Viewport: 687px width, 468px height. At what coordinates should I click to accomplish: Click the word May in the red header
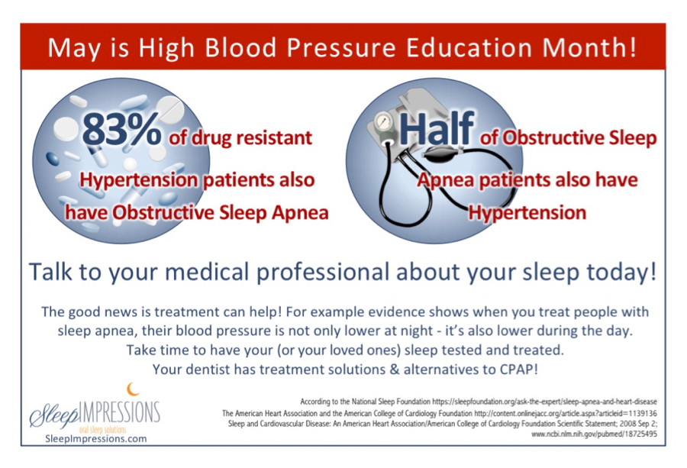(x=73, y=48)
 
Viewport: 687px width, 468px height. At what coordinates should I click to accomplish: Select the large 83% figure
(x=121, y=129)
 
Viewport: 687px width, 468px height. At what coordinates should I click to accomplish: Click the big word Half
(x=437, y=127)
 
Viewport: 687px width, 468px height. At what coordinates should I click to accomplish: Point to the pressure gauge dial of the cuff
(x=384, y=121)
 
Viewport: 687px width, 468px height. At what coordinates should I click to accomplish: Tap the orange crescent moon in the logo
(x=133, y=389)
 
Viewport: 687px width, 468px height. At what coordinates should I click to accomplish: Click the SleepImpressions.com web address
(x=96, y=439)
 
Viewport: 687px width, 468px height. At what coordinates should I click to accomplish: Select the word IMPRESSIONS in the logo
(x=120, y=412)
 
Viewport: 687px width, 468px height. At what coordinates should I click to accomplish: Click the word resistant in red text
(x=273, y=137)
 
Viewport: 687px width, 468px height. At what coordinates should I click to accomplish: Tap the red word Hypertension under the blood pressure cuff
(x=527, y=213)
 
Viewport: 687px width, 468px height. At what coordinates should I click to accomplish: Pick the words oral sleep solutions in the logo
(x=102, y=429)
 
